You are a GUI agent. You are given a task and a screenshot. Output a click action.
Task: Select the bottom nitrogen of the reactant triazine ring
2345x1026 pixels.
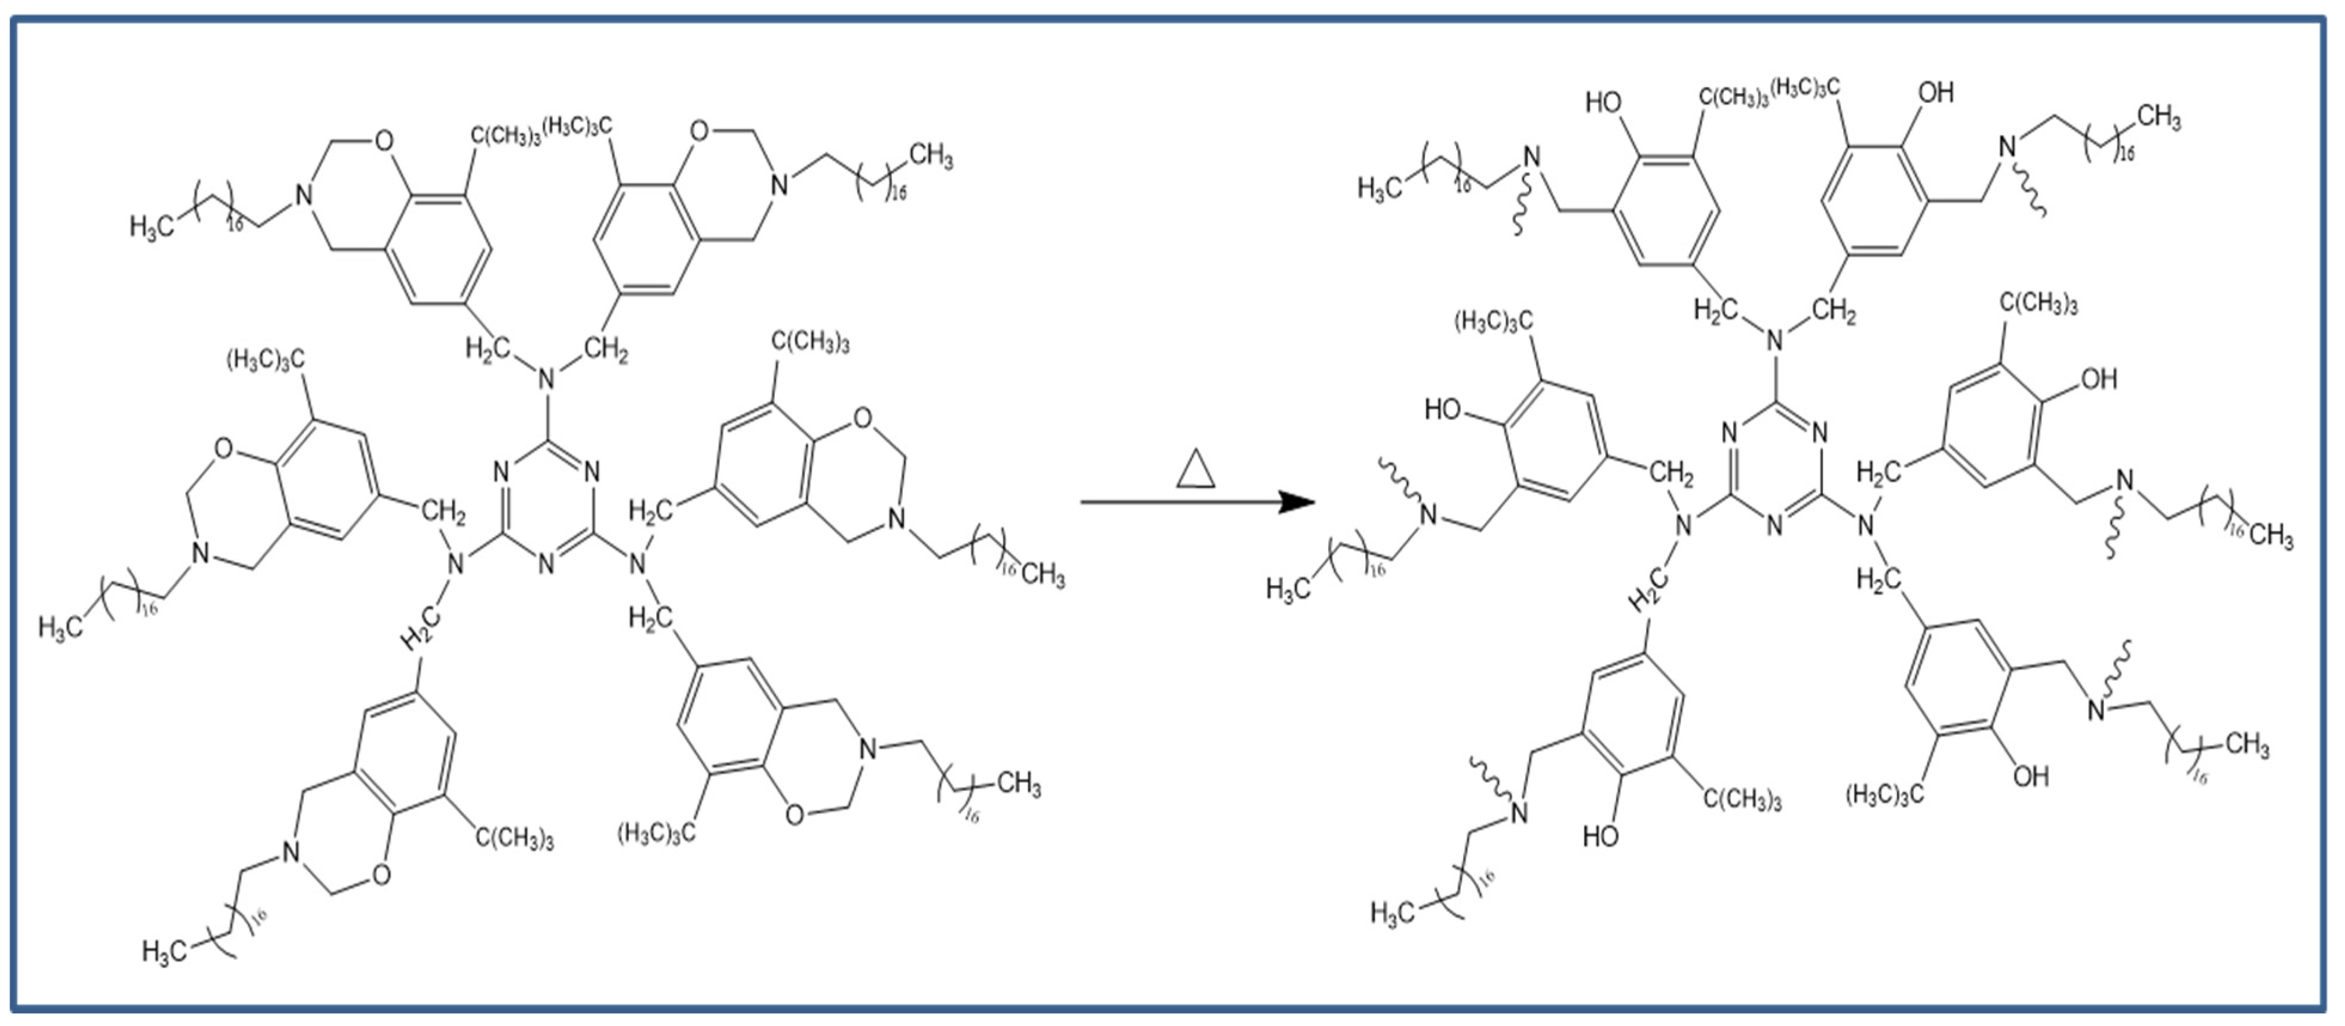point(546,563)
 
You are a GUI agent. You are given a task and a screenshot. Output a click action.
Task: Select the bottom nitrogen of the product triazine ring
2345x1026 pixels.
point(1774,525)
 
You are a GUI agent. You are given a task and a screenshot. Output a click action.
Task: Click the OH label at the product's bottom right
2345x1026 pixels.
point(2030,777)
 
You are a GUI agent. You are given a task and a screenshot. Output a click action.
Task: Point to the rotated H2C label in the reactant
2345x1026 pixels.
point(421,627)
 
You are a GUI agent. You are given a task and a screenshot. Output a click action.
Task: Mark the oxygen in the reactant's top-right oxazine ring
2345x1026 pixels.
point(699,130)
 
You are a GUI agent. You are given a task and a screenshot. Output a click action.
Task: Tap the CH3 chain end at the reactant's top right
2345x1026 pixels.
point(930,157)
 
